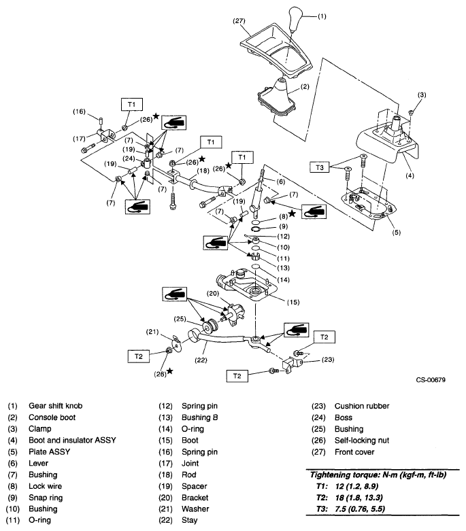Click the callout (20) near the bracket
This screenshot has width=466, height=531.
click(214, 293)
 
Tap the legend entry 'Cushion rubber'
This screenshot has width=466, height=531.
click(361, 405)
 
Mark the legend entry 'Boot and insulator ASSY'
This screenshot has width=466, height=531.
click(72, 440)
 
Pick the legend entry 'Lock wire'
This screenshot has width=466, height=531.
click(46, 486)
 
